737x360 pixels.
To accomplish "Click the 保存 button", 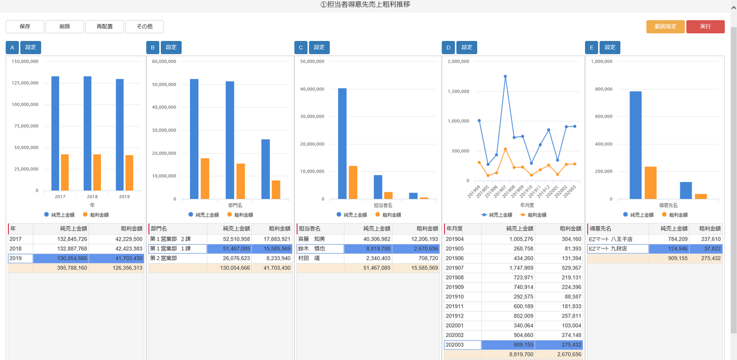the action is pyautogui.click(x=25, y=27).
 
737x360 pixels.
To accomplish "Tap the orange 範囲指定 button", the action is pyautogui.click(x=665, y=27).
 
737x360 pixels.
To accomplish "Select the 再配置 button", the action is pyautogui.click(x=104, y=27).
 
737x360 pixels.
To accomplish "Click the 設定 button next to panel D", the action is pyautogui.click(x=467, y=48).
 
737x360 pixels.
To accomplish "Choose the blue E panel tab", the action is pyautogui.click(x=591, y=48).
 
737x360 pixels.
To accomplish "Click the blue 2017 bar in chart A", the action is pyautogui.click(x=55, y=133).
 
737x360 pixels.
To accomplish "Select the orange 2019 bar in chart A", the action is pyautogui.click(x=129, y=173).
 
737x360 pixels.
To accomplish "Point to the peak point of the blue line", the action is pyautogui.click(x=505, y=76).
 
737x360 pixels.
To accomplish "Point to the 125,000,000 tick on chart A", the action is pyautogui.click(x=25, y=83).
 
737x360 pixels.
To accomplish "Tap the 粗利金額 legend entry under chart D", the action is pyautogui.click(x=533, y=215).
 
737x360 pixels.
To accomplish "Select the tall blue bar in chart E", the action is pyautogui.click(x=635, y=145).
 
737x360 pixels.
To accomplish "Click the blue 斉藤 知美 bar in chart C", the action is pyautogui.click(x=342, y=143).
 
